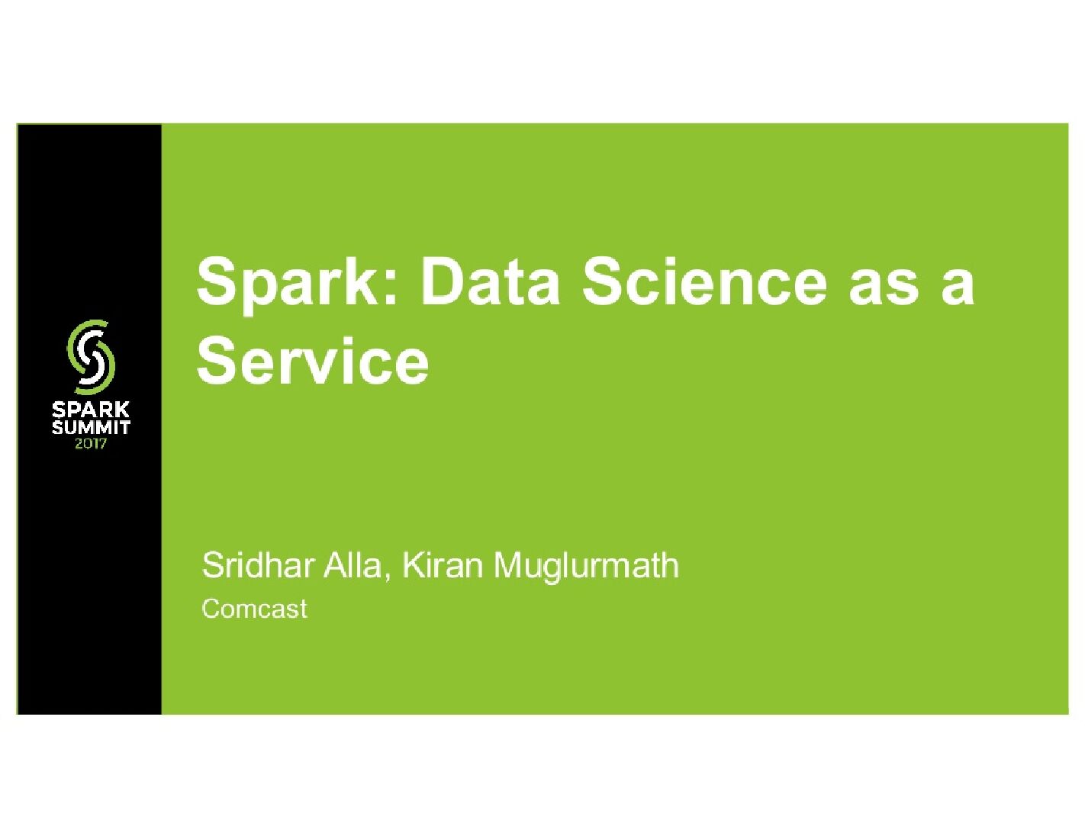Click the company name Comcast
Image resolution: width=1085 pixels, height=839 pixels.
click(x=254, y=609)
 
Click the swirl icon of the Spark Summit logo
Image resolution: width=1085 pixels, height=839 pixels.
click(x=91, y=354)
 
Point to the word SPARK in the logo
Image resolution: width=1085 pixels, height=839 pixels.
click(x=91, y=410)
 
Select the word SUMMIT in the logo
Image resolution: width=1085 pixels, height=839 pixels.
click(x=91, y=427)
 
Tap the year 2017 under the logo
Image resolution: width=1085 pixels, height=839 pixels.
click(x=91, y=444)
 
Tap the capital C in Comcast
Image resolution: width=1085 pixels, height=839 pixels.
click(x=211, y=609)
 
